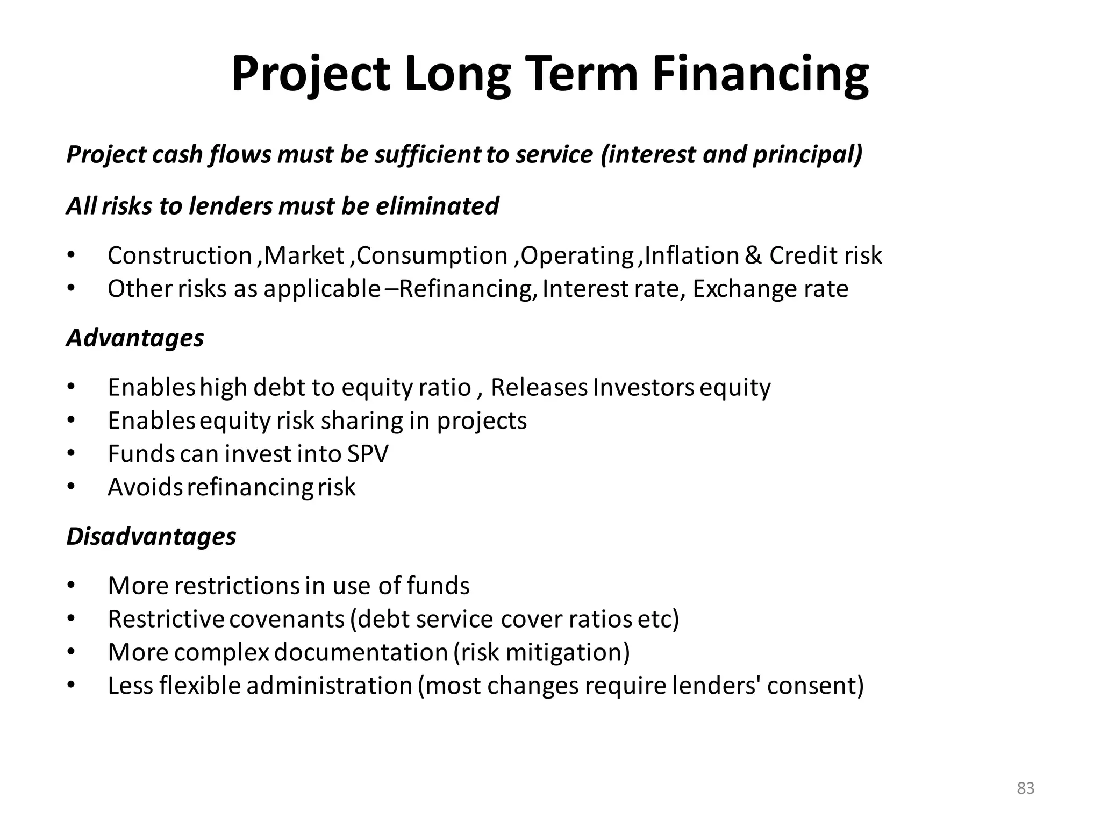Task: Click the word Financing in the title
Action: click(760, 75)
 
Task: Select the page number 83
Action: click(1026, 788)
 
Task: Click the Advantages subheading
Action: click(135, 338)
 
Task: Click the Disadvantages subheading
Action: click(151, 537)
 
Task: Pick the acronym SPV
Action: click(368, 454)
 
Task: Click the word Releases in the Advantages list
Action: click(539, 388)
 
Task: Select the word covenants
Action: click(287, 619)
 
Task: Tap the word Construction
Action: click(180, 255)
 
